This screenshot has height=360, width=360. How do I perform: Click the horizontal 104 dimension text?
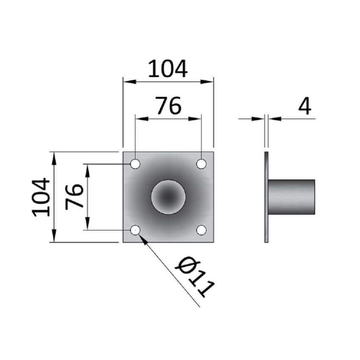168,69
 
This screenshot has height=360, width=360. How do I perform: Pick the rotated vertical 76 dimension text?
75,197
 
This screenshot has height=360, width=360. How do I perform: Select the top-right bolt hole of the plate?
202,163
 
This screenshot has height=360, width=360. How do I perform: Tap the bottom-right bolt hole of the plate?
202,230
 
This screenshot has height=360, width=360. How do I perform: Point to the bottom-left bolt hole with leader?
135,230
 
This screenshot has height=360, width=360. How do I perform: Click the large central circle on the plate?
169,197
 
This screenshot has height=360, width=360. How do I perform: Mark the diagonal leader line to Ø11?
169,271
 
